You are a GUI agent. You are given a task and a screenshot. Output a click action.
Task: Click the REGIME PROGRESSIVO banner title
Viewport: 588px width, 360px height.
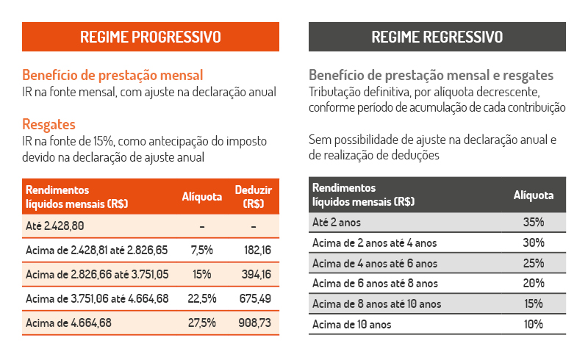point(151,37)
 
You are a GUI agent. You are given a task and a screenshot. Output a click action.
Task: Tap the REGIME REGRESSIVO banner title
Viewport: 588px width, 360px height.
point(437,37)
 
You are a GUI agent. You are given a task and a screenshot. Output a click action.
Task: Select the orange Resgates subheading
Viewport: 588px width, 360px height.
point(49,124)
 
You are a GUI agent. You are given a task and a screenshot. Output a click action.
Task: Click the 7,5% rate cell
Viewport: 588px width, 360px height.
point(201,250)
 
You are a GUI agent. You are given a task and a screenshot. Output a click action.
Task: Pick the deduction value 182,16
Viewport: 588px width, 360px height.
point(257,250)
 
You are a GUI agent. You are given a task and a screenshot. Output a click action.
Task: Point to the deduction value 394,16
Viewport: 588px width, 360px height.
point(256,274)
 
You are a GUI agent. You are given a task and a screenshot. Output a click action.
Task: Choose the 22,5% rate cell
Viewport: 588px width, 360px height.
point(201,298)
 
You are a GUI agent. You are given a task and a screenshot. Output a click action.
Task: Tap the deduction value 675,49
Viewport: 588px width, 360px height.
point(255,298)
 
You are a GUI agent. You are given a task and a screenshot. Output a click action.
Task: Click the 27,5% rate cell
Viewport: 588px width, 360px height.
point(201,323)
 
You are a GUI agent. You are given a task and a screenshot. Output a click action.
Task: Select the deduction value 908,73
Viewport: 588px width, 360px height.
point(254,323)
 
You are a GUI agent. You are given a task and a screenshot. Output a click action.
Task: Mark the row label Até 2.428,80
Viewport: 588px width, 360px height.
point(54,226)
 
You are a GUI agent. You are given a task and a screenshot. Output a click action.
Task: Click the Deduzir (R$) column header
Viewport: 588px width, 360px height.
point(254,196)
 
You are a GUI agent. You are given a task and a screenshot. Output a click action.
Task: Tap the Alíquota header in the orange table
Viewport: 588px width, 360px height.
point(201,196)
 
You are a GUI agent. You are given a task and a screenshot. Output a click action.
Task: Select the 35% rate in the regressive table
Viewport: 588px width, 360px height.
point(534,222)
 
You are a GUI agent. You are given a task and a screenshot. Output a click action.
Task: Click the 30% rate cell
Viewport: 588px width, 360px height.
point(534,242)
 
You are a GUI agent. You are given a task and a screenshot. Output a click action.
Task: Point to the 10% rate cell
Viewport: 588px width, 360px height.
point(534,324)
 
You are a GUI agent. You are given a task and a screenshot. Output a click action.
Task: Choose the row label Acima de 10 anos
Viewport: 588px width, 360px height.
point(352,325)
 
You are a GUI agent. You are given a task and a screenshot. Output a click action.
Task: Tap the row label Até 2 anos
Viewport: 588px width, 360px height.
point(337,223)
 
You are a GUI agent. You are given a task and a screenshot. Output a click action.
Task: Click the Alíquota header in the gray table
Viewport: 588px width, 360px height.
point(534,195)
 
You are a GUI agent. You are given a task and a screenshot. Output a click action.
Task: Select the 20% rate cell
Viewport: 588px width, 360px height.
point(534,283)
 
